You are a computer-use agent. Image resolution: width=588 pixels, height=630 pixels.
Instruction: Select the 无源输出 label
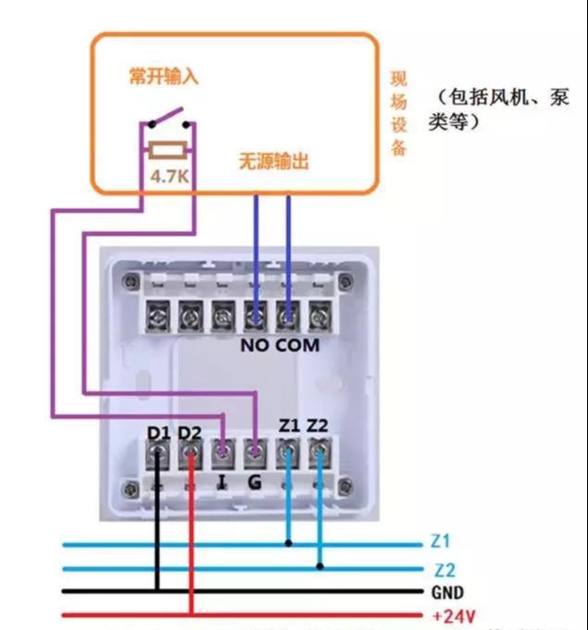274,162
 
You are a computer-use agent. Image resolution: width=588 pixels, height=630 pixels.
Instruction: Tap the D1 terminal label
159,432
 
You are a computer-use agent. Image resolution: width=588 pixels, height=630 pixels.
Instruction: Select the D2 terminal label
190,432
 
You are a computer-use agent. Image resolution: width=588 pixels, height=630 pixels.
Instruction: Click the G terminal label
255,483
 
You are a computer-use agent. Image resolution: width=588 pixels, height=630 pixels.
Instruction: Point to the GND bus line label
447,593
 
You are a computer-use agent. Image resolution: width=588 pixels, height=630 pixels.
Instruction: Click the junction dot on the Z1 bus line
289,543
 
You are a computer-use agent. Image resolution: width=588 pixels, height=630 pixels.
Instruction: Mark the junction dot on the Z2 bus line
319,566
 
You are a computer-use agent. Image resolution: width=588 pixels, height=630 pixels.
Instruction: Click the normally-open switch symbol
169,119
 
